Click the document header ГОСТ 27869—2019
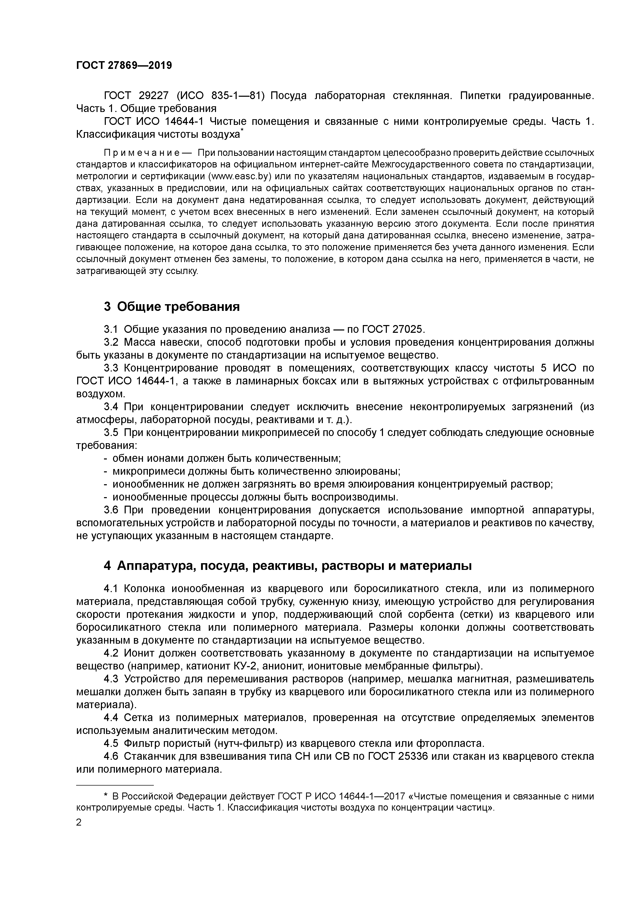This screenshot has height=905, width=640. (x=124, y=66)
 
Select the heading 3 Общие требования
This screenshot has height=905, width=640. (x=172, y=306)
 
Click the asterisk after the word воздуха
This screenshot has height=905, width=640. (x=242, y=131)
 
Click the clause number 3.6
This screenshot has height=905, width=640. (x=111, y=510)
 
